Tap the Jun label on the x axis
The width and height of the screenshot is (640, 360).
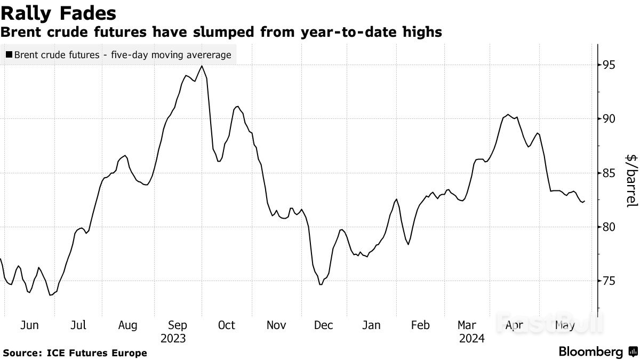click(x=29, y=325)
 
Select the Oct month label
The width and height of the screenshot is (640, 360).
click(x=227, y=325)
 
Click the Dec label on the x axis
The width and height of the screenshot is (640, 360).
click(x=324, y=325)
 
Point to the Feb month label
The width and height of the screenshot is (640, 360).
click(x=420, y=325)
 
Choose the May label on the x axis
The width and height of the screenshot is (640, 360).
click(x=565, y=325)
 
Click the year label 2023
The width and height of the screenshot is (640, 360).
click(x=173, y=339)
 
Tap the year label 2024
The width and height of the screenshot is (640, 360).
click(x=471, y=339)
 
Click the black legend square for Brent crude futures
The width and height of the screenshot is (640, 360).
click(x=10, y=54)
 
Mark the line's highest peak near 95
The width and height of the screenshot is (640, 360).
click(x=202, y=66)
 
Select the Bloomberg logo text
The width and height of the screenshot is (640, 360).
click(x=590, y=352)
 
